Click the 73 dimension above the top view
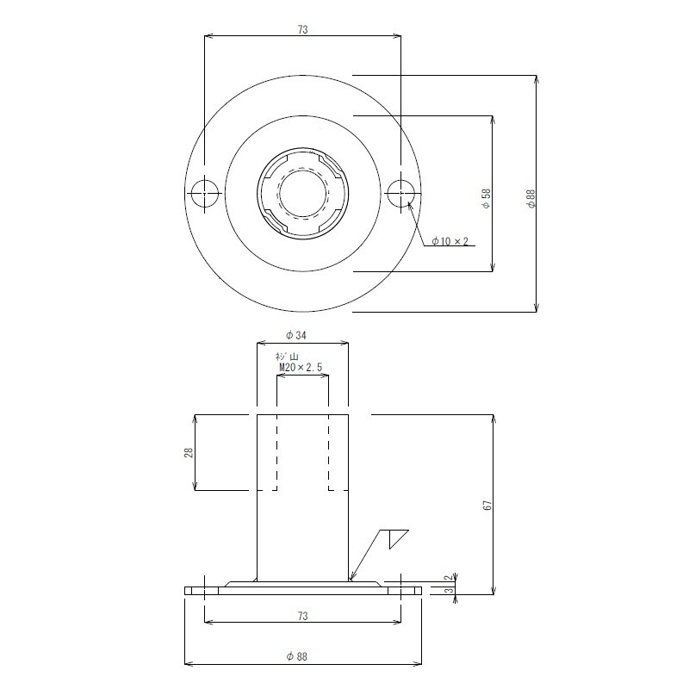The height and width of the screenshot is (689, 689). (303, 29)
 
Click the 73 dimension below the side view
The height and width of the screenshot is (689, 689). (303, 616)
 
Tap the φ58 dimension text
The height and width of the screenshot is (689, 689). (486, 199)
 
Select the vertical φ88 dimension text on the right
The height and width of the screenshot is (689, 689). (531, 199)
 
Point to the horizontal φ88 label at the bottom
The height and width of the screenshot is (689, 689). (296, 656)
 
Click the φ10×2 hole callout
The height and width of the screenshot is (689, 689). (450, 241)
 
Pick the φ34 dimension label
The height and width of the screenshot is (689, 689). (295, 335)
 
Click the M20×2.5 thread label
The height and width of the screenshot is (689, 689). (301, 368)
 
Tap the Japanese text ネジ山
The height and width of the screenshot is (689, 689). (287, 357)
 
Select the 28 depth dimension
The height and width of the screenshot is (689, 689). (188, 453)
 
